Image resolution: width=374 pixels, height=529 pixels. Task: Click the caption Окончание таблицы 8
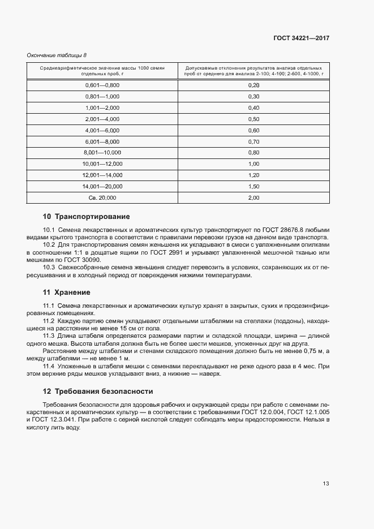click(57, 55)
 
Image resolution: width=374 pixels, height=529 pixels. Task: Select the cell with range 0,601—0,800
click(102, 85)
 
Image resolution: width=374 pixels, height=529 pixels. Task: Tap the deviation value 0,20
click(253, 85)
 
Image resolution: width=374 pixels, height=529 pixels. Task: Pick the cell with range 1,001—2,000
click(102, 107)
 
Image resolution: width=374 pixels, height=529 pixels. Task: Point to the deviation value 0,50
click(253, 119)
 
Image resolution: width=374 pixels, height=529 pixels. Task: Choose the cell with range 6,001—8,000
click(102, 141)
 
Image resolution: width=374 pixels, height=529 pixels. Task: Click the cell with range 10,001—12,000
click(102, 164)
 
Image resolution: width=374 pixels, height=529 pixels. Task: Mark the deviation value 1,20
click(253, 175)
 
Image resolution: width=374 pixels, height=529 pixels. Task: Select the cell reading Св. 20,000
click(102, 197)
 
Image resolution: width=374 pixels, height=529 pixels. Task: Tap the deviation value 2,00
click(253, 197)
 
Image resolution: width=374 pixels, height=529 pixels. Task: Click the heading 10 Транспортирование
click(87, 217)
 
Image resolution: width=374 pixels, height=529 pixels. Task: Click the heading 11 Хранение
click(67, 293)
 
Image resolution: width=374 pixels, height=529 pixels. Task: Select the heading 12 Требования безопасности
click(98, 391)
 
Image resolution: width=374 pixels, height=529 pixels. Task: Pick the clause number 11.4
click(49, 367)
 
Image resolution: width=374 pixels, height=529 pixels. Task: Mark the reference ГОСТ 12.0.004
click(264, 412)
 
